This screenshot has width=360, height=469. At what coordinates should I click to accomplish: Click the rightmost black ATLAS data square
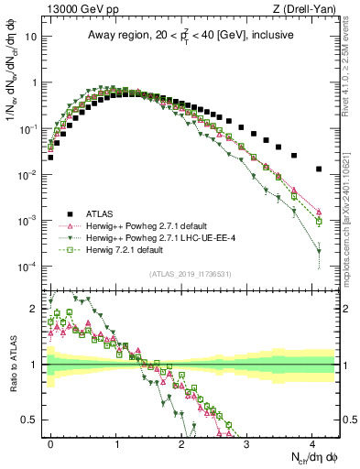coord(319,169)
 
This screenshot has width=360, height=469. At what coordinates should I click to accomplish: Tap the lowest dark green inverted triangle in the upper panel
coord(319,251)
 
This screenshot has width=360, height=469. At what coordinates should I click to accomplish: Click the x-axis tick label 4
coord(312,442)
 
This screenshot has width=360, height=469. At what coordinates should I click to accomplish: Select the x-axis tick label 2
coord(181,442)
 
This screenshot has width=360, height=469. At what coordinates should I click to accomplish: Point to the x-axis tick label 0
coord(50,442)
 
